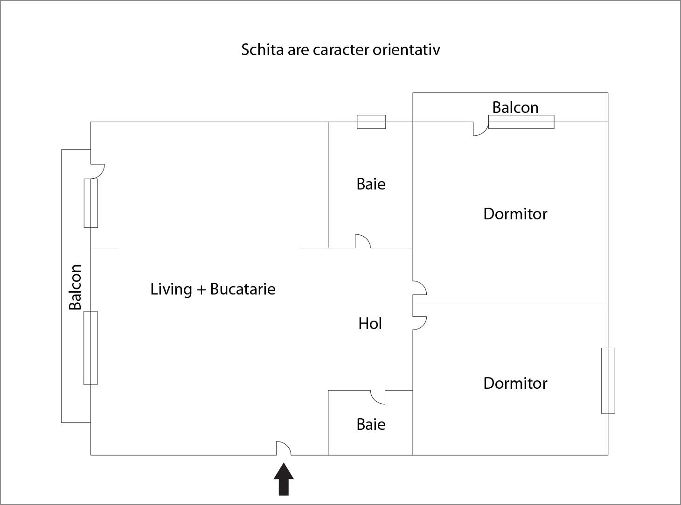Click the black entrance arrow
(x=284, y=479)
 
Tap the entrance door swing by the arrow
(x=284, y=448)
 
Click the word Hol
(x=370, y=323)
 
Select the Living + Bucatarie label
(x=213, y=289)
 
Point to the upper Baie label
(x=371, y=184)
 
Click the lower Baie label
(x=371, y=424)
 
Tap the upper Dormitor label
(x=515, y=214)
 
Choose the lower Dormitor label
(x=515, y=383)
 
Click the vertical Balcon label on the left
(x=75, y=287)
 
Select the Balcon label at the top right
(x=515, y=107)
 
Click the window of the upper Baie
(x=371, y=122)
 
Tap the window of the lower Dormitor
(x=608, y=380)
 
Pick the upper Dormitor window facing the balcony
(x=521, y=122)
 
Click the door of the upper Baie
(x=363, y=241)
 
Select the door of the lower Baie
(x=378, y=397)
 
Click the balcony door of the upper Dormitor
(x=481, y=129)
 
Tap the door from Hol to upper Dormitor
(x=420, y=288)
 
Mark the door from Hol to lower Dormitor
(x=420, y=323)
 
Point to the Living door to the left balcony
(x=97, y=171)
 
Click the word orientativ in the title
(x=407, y=49)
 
